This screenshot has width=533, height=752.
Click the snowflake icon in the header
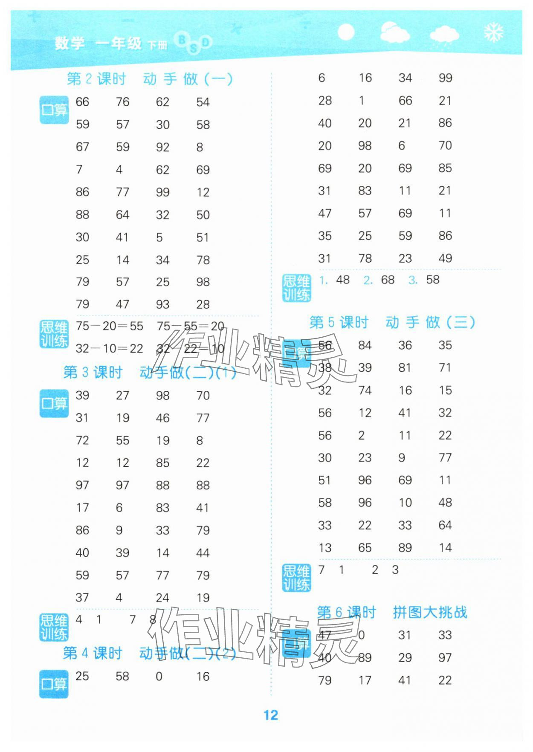click(494, 32)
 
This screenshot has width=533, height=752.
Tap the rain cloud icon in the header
click(444, 35)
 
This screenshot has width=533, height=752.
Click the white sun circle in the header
click(345, 32)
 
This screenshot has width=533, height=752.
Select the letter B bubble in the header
click(182, 40)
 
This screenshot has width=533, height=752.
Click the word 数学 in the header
click(70, 43)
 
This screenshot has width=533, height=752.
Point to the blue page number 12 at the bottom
click(271, 715)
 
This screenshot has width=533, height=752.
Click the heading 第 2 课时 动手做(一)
click(149, 79)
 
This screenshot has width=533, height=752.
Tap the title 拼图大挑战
click(430, 612)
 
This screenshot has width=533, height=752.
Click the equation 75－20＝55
click(110, 326)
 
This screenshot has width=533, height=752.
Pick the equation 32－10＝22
click(109, 349)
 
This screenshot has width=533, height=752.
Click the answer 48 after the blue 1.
click(343, 280)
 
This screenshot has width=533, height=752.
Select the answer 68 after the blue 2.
click(388, 280)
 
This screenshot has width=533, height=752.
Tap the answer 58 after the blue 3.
click(432, 280)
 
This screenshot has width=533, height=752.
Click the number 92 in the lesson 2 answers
click(162, 147)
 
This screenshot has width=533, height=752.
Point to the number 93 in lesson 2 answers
click(162, 304)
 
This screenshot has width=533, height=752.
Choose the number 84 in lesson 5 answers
click(365, 345)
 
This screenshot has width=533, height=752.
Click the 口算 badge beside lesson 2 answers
click(54, 110)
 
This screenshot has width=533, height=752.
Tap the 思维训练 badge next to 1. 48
click(296, 288)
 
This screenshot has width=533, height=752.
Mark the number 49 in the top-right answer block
click(445, 258)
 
